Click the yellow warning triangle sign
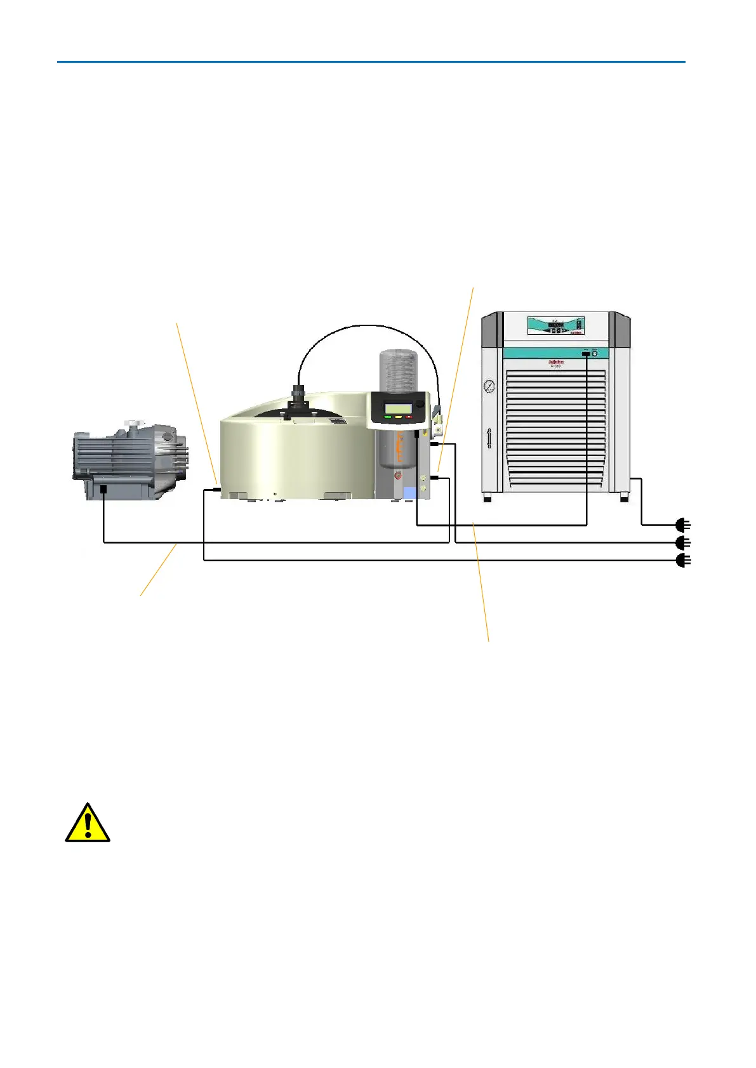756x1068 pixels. pos(88,823)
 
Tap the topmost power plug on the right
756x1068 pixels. pos(682,524)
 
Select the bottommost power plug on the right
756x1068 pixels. pos(682,561)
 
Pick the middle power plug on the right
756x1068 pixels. pos(682,543)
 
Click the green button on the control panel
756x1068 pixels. pos(387,417)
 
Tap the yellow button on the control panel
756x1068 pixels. pos(398,417)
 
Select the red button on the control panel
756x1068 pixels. pos(410,417)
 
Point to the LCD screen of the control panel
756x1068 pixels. pos(397,407)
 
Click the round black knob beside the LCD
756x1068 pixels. pos(420,403)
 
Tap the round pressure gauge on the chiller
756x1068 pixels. pos(489,386)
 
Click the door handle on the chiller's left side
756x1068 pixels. pos(488,439)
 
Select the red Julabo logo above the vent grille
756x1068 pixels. pos(555,362)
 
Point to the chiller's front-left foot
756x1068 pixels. pos(487,498)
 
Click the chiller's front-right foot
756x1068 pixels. pos(624,498)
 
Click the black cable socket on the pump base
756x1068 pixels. pos(103,489)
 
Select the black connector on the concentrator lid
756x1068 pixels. pos(297,400)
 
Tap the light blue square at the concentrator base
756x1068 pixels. pos(409,492)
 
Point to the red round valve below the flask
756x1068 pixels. pos(398,475)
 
